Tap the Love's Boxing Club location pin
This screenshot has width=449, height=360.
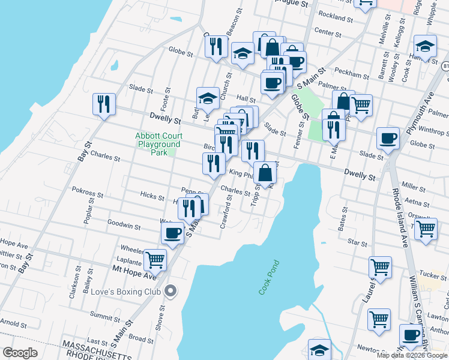pyautogui.click(x=171, y=292)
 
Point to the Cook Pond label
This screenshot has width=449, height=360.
pyautogui.click(x=270, y=277)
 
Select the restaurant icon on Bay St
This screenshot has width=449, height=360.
pyautogui.click(x=104, y=104)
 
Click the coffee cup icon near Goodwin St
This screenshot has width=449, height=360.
pyautogui.click(x=173, y=232)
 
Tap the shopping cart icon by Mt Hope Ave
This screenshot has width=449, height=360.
pyautogui.click(x=155, y=259)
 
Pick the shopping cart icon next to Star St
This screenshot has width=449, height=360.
pyautogui.click(x=425, y=228)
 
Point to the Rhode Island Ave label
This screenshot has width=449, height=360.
pyautogui.click(x=399, y=213)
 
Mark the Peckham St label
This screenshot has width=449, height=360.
pyautogui.click(x=352, y=75)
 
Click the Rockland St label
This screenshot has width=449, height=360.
pyautogui.click(x=336, y=16)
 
